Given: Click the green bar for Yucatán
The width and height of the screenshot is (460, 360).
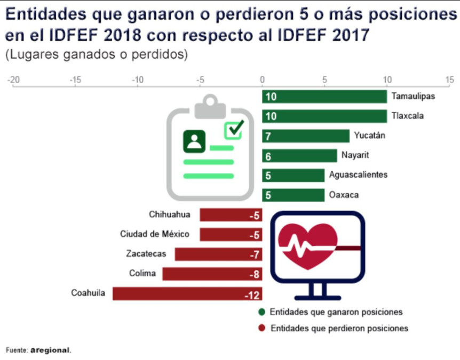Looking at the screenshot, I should [306, 136].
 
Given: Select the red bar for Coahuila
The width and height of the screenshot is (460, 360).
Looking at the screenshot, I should [187, 294].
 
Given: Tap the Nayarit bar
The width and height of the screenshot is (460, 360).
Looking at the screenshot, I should [299, 156].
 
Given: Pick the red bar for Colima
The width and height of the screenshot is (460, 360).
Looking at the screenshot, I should [212, 274].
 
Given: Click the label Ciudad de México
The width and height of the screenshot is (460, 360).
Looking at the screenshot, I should [154, 234].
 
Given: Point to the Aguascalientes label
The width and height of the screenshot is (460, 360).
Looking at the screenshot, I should [358, 175].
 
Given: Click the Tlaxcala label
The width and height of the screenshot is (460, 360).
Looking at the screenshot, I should [407, 116].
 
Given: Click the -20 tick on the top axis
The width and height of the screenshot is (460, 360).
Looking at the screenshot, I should [13, 80].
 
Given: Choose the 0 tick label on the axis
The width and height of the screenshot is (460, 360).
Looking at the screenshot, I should [262, 80].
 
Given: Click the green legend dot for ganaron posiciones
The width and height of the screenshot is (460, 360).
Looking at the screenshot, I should [261, 312].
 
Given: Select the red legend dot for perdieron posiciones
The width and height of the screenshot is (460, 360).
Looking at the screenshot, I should [261, 328].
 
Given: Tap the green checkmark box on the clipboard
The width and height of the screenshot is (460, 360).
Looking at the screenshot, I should [233, 130].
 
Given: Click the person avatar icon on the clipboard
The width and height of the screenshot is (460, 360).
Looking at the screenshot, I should [194, 141].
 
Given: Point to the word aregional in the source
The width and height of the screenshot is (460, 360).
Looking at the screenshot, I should [50, 350].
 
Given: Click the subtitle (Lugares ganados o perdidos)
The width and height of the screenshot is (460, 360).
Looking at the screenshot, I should [97, 55].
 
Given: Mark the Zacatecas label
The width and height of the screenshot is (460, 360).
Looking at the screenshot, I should [146, 254].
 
